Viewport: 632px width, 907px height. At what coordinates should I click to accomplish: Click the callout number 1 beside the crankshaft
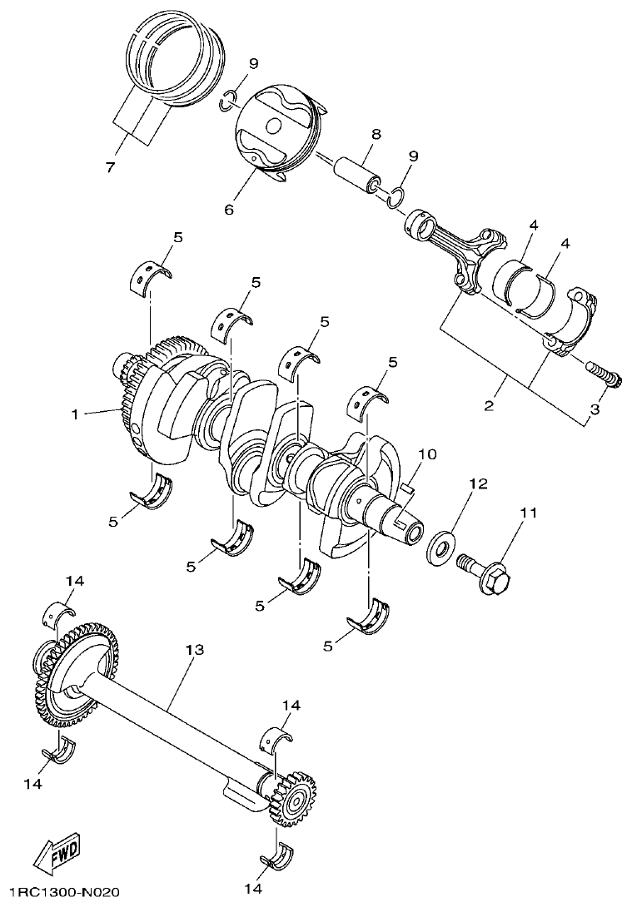(x=75, y=414)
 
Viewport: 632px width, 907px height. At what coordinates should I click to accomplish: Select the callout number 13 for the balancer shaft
(x=194, y=649)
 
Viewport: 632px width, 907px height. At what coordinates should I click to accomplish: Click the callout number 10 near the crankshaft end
(x=426, y=455)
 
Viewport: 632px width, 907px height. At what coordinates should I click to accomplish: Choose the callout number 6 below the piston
(x=229, y=210)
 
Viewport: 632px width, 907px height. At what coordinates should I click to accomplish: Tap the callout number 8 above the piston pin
(x=376, y=133)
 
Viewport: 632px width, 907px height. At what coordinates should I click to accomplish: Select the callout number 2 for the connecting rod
(x=489, y=407)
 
